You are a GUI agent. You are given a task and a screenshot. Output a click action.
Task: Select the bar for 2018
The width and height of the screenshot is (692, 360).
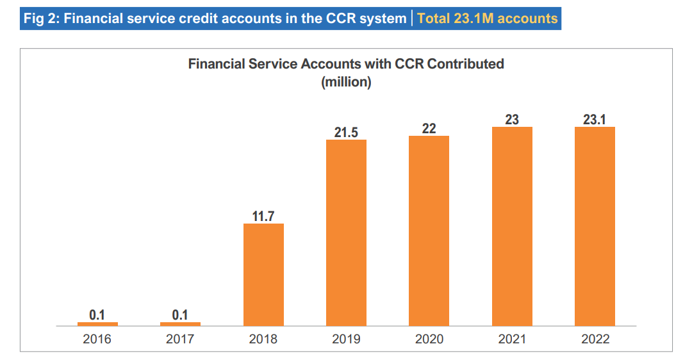[x=263, y=275]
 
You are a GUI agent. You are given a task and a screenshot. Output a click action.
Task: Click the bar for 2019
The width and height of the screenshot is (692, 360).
[x=346, y=233]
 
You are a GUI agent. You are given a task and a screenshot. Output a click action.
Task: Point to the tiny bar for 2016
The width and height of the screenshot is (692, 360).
[x=97, y=324]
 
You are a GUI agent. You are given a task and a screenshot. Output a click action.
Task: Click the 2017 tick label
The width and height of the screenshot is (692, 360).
[x=180, y=340]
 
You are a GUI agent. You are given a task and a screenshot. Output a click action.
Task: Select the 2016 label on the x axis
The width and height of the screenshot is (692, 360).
[x=97, y=340]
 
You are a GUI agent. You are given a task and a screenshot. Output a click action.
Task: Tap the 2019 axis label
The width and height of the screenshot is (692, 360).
[x=346, y=340]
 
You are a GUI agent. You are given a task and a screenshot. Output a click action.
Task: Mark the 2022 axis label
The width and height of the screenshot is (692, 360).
[x=595, y=340]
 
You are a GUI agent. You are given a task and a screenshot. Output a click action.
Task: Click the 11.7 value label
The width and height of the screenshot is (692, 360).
[x=263, y=217]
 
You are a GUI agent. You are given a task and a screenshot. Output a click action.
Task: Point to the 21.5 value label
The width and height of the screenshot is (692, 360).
[x=346, y=133]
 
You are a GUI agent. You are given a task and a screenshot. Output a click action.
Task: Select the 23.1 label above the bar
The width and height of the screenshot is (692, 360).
[x=595, y=120]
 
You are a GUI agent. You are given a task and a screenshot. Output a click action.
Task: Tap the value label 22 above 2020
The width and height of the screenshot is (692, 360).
[x=429, y=129]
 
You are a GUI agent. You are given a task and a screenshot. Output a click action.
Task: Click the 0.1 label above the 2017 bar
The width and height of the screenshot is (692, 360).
[x=180, y=315]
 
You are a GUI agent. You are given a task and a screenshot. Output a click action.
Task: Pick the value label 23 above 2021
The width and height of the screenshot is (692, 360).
[x=512, y=120]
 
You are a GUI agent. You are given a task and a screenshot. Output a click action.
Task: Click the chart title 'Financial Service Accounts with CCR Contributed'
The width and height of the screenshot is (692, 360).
[x=346, y=64]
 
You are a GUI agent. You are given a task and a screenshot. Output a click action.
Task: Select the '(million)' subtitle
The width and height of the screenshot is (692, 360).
[x=346, y=82]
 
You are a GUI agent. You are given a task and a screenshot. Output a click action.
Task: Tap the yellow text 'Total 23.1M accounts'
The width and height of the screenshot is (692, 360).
[x=487, y=19]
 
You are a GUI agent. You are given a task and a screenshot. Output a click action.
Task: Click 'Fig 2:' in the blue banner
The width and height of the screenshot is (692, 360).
[x=42, y=19]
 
